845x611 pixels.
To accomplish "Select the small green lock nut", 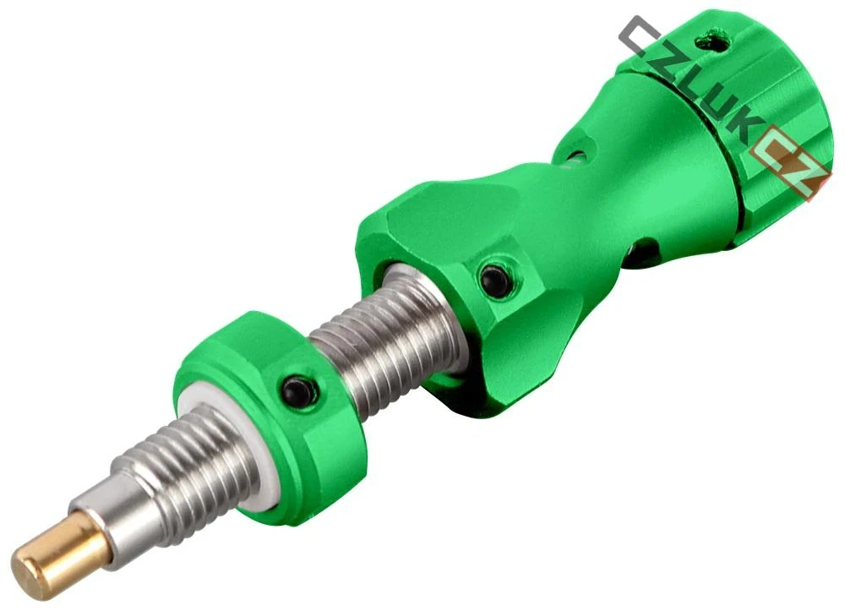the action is coord(270,410).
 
